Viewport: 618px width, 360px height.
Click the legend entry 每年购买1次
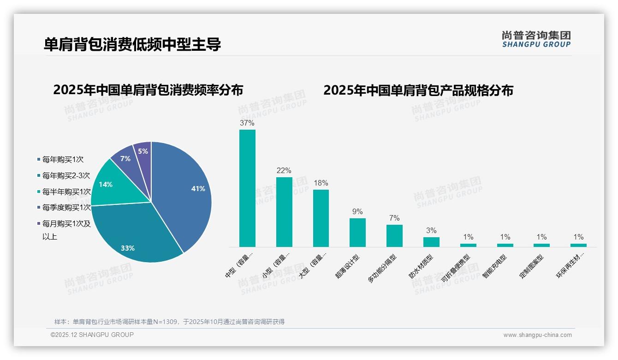pos(63,160)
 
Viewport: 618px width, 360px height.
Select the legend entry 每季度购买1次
pos(66,208)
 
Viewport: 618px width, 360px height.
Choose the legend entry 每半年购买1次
pos(66,192)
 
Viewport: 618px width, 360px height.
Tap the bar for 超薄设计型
pos(357,233)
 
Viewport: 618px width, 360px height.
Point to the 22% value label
pos(284,171)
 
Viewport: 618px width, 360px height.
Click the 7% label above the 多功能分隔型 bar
pos(394,218)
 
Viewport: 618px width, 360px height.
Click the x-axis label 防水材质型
pos(421,267)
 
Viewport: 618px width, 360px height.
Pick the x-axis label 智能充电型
pos(495,267)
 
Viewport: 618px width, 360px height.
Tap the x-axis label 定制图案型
pos(532,267)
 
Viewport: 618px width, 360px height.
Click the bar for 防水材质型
pos(431,242)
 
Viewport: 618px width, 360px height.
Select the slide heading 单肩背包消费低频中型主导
pos(132,44)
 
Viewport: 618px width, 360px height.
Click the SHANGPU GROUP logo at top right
pos(536,39)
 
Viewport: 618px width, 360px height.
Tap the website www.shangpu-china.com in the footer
pos(537,335)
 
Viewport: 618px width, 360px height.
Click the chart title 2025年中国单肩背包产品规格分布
pos(418,90)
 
